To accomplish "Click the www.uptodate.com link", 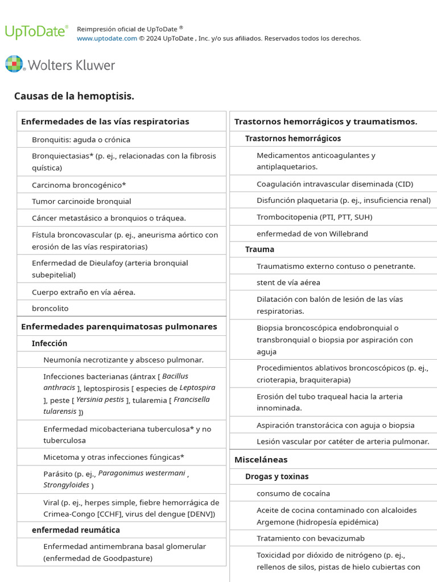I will coord(107,39).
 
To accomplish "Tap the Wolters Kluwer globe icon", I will coord(14,64).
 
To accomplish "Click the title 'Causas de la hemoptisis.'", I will coord(74,96).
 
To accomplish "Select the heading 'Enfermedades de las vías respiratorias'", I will coord(105,122).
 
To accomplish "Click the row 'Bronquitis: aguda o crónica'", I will coord(81,140).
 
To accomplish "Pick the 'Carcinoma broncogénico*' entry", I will coord(79,185).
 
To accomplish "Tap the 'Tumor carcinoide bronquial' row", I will coord(81,202).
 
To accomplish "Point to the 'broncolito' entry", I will coord(50,309).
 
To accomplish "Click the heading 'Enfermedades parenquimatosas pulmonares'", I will coord(119,327).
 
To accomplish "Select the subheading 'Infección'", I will coord(50,344).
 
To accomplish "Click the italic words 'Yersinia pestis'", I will coord(100,400).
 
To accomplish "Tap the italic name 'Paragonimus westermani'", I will coord(142,473).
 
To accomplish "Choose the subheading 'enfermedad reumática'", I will coord(76,530).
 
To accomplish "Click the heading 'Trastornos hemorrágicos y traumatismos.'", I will coord(325,122).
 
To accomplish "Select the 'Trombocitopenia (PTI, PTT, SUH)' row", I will coord(314,217).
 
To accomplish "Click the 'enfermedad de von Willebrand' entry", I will coord(312,234).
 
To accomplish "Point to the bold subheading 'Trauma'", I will coord(259,250).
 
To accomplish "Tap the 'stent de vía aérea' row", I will coord(288,282).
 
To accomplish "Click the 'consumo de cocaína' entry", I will coord(293,493).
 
